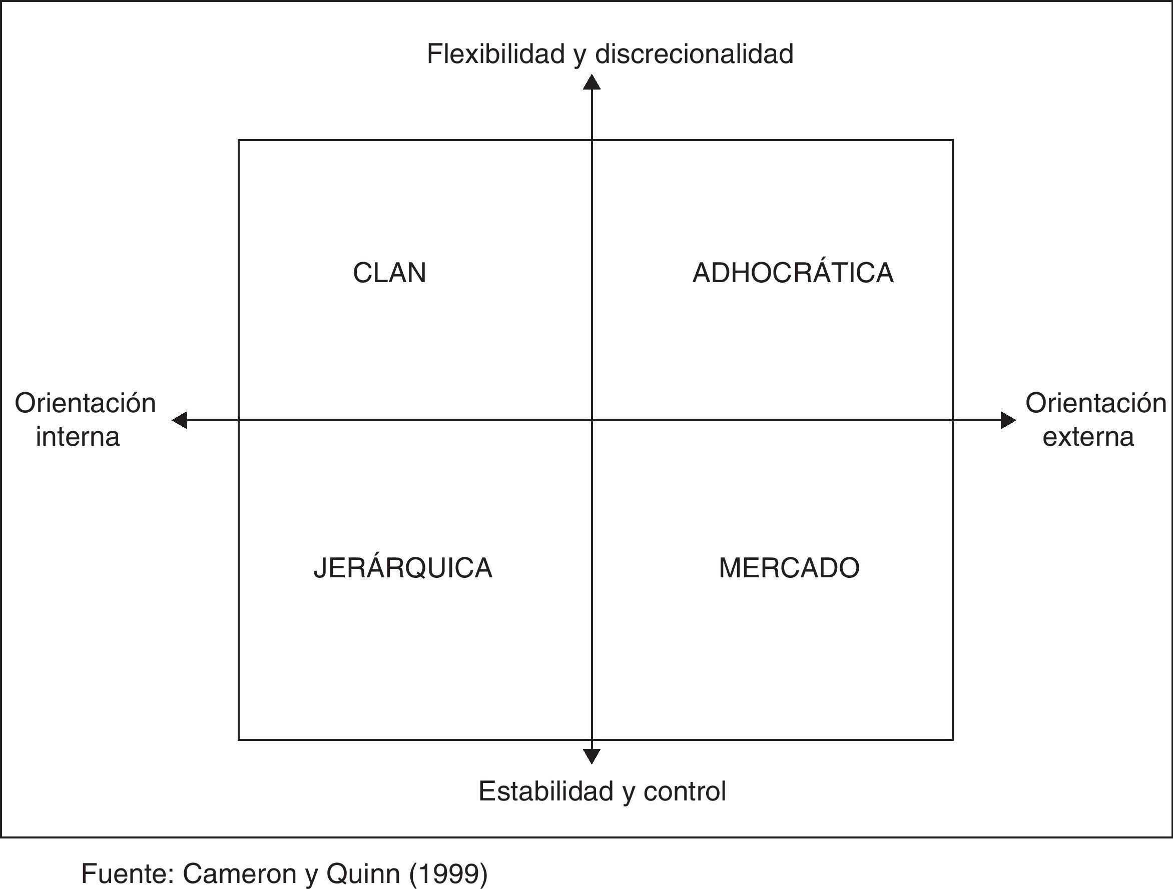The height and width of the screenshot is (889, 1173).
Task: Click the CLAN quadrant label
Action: pyautogui.click(x=389, y=273)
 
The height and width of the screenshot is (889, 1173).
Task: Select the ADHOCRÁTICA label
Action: pyautogui.click(x=793, y=273)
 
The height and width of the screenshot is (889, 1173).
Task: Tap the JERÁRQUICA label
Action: pyautogui.click(x=403, y=568)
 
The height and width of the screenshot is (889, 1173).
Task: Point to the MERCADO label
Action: pyautogui.click(x=789, y=568)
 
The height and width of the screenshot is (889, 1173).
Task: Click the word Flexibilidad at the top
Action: pyautogui.click(x=495, y=54)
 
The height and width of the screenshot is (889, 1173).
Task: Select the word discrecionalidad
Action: pyautogui.click(x=694, y=54)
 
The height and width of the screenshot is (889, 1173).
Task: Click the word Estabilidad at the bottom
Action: pyautogui.click(x=546, y=791)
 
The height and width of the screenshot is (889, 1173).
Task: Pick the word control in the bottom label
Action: pyautogui.click(x=685, y=791)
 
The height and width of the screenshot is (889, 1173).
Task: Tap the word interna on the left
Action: pyautogui.click(x=78, y=437)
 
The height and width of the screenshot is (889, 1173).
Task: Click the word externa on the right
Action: pyautogui.click(x=1088, y=437)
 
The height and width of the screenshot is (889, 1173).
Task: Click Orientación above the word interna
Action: pyautogui.click(x=86, y=403)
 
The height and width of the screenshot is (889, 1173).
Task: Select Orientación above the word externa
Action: pyautogui.click(x=1095, y=403)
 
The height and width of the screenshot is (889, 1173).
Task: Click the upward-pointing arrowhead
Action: pyautogui.click(x=592, y=82)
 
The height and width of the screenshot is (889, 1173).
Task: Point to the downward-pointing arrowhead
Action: pyautogui.click(x=592, y=756)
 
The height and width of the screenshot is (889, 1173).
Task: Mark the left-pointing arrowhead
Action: pyautogui.click(x=180, y=420)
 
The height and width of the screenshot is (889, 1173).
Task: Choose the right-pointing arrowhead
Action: pyautogui.click(x=1007, y=420)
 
